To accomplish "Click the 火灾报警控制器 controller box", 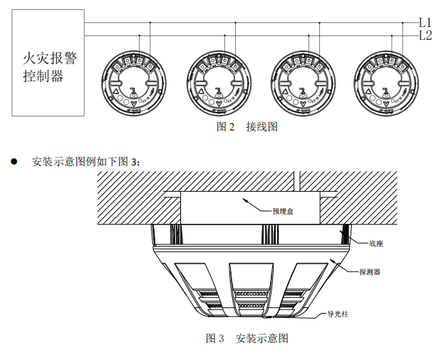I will point(48,63).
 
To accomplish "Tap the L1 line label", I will point(425,22).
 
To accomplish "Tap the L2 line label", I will point(425,35).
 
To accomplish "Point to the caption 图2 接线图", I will point(247,127).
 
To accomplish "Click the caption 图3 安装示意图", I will point(247,337).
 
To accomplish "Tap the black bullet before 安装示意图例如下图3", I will point(14,161).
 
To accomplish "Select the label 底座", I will point(377,243).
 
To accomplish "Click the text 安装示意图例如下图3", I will point(86,161).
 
